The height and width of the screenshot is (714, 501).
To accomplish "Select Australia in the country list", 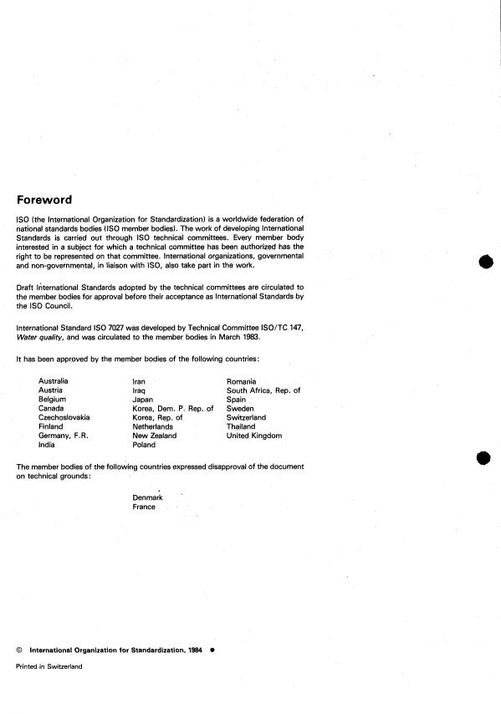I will [x=54, y=380].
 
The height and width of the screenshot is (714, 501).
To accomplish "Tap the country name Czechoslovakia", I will [x=64, y=417].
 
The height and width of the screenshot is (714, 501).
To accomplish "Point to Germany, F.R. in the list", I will [x=64, y=436].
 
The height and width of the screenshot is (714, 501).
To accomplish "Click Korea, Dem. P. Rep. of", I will [x=173, y=408].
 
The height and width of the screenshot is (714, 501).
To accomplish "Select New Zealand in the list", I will [x=155, y=436].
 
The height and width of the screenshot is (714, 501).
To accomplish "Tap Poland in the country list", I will [x=145, y=445].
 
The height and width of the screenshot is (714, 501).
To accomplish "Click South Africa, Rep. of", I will [x=263, y=390].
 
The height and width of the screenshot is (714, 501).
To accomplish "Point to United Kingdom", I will [x=254, y=436].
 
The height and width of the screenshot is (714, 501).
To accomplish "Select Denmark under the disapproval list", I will [x=148, y=497].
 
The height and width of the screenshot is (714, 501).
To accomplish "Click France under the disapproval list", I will [x=144, y=507].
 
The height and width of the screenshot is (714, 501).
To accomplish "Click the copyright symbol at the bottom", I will [x=18, y=649].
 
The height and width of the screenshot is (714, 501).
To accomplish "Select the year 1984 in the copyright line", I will [x=195, y=649].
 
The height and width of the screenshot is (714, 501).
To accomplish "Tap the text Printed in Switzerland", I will [x=49, y=666].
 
